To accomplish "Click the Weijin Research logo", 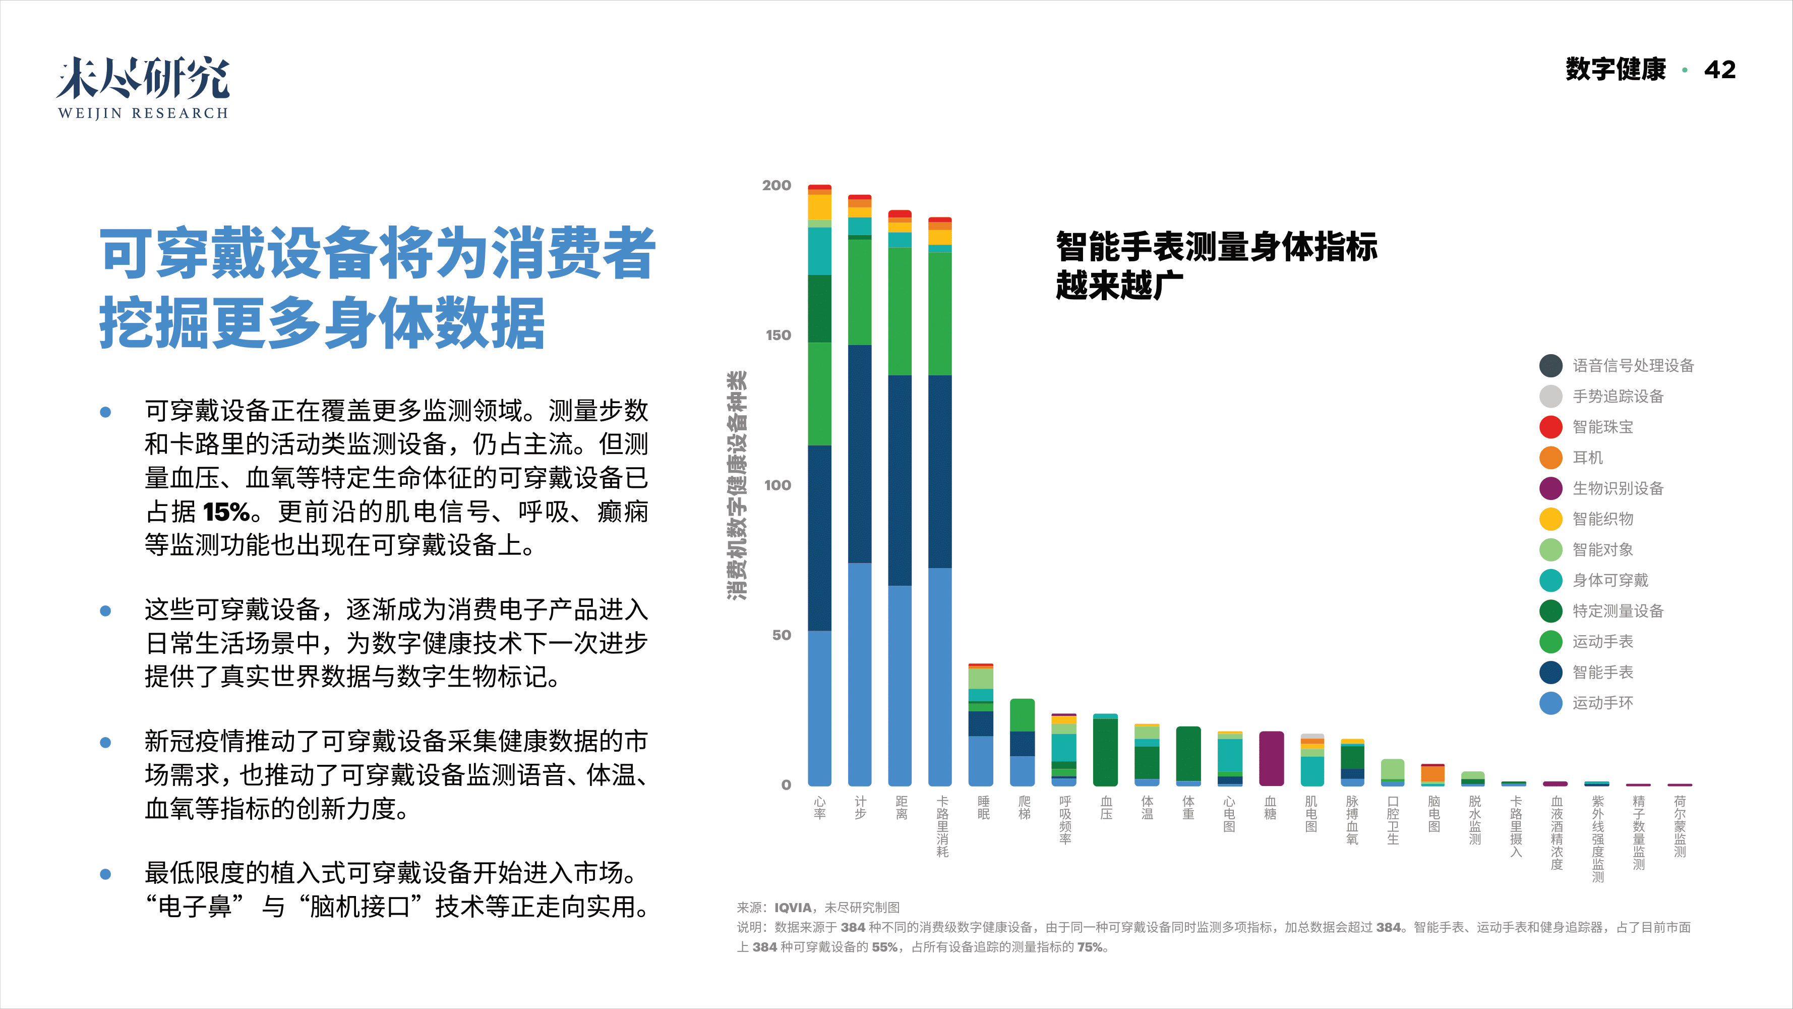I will coord(143,87).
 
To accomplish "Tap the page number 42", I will coord(1719,70).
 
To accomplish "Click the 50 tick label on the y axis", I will coord(781,635).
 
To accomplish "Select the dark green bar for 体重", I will coord(1188,753).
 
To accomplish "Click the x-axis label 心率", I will coord(819,808).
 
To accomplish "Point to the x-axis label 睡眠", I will coord(983,808).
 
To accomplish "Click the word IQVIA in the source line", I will coord(793,907).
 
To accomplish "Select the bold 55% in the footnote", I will coord(885,947).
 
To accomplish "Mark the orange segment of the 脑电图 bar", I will coord(1432,773).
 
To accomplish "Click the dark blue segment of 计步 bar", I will coord(860,453).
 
